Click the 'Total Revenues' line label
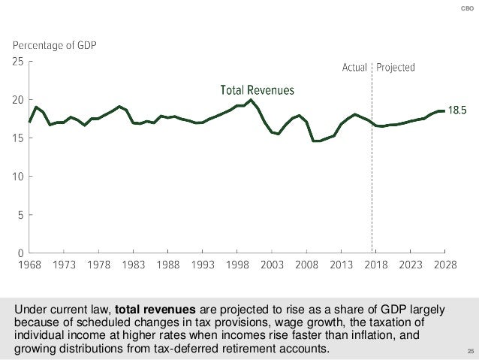[x=257, y=90]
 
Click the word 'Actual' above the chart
[x=355, y=67]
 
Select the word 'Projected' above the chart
[x=396, y=67]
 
